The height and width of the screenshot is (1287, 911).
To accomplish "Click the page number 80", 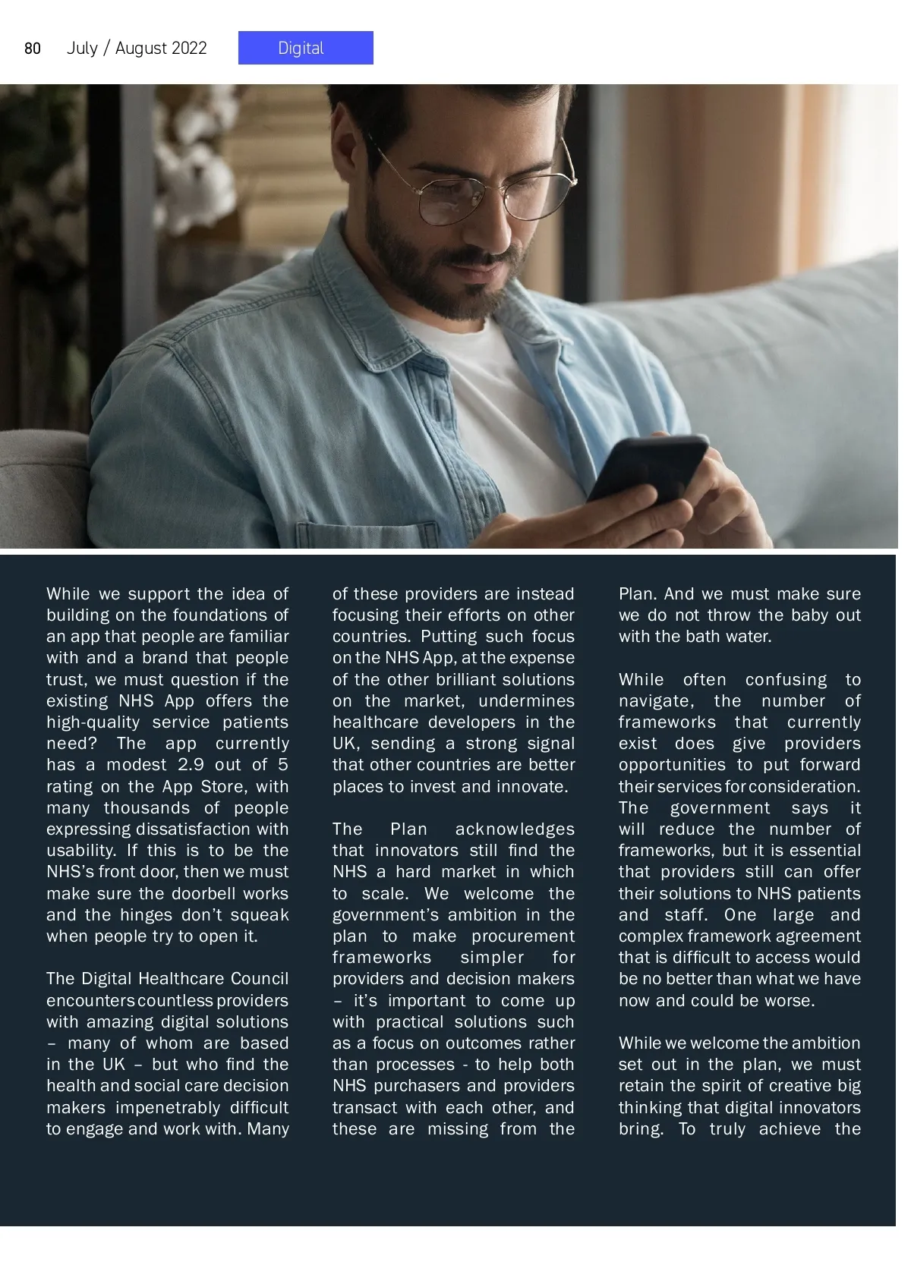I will click(33, 49).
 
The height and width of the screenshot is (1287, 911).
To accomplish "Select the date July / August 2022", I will click(137, 49).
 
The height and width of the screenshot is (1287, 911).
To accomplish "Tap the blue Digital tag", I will click(305, 48).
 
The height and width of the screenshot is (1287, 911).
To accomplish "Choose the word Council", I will click(259, 979).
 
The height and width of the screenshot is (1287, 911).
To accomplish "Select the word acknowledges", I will click(515, 829).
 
